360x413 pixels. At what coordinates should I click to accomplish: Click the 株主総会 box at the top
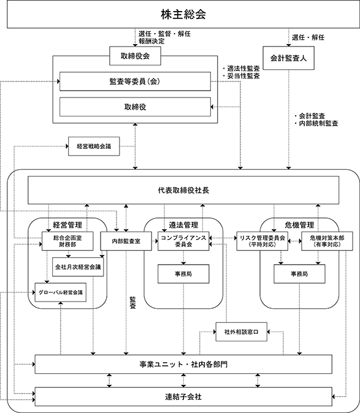[x=183, y=14]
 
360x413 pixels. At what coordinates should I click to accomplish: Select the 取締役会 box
[x=135, y=56]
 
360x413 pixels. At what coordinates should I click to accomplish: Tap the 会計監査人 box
[x=289, y=58]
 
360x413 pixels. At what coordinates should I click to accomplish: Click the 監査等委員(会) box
[x=135, y=81]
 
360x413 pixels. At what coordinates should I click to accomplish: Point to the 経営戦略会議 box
[x=94, y=146]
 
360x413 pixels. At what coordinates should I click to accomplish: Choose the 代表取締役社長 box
[x=183, y=190]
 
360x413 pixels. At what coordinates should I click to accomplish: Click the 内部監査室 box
[x=126, y=241]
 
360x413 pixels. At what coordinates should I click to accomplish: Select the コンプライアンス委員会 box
[x=183, y=241]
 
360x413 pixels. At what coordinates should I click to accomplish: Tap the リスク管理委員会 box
[x=262, y=241]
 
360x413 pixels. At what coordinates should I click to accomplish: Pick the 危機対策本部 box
[x=327, y=241]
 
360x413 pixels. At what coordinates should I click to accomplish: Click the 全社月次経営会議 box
[x=78, y=267]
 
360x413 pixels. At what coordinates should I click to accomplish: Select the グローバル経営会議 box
[x=61, y=292]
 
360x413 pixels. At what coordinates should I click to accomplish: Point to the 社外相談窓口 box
[x=242, y=332]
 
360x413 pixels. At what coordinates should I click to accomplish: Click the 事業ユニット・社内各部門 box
[x=183, y=364]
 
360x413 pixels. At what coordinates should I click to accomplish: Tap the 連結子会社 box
[x=183, y=396]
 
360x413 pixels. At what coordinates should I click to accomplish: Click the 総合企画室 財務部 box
[x=67, y=241]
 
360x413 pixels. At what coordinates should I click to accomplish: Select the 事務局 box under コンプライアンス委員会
[x=183, y=274]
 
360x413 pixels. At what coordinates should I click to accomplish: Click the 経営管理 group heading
[x=67, y=225]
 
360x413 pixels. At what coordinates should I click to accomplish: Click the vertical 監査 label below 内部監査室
[x=133, y=303]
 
